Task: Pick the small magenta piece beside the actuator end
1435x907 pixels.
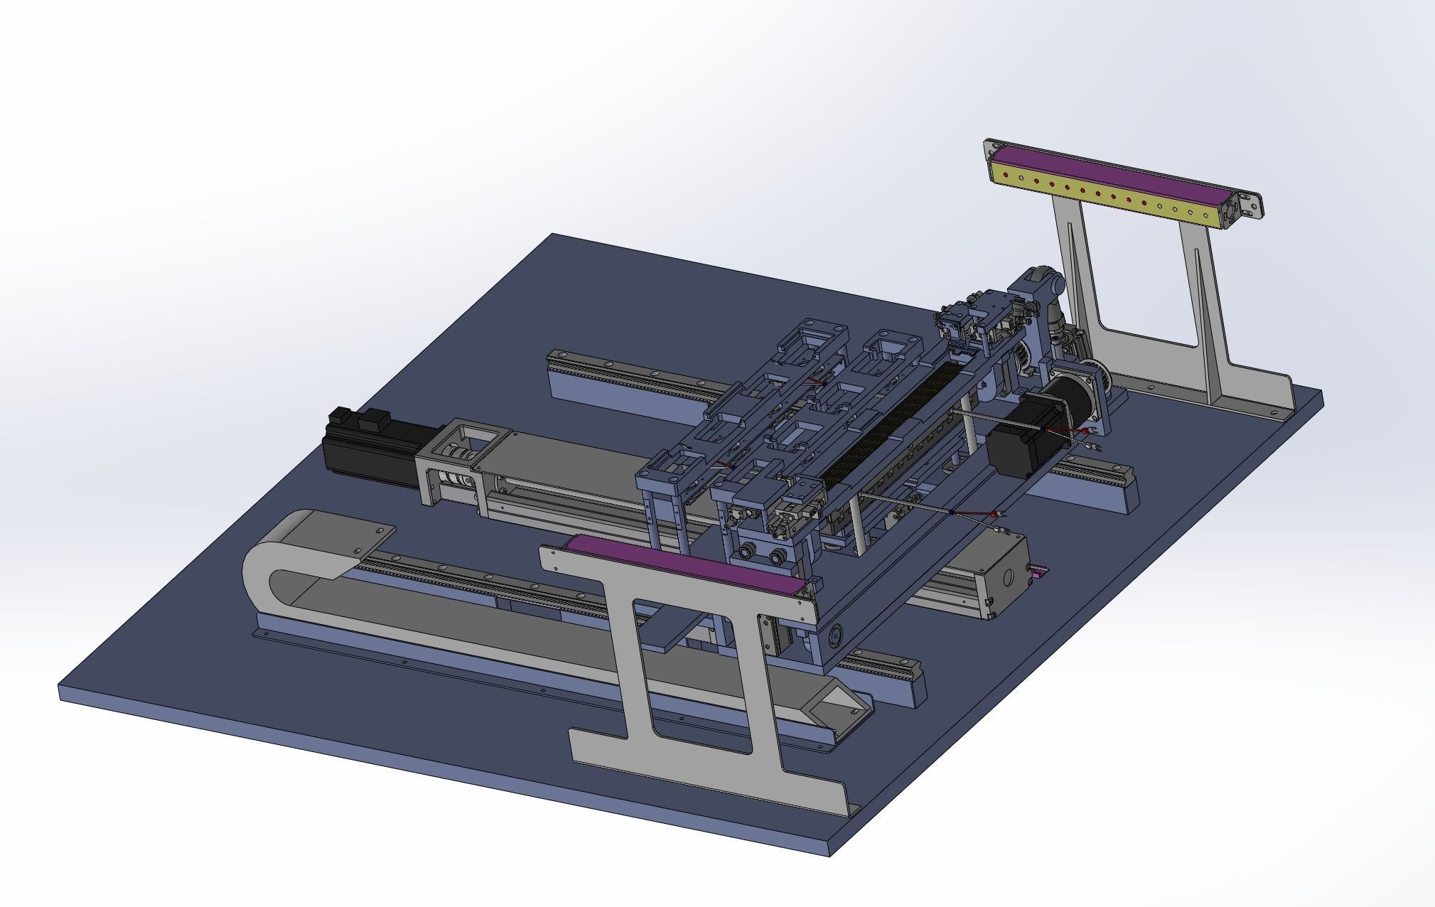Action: click(x=1038, y=571)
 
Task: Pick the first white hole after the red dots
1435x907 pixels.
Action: click(x=1160, y=206)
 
